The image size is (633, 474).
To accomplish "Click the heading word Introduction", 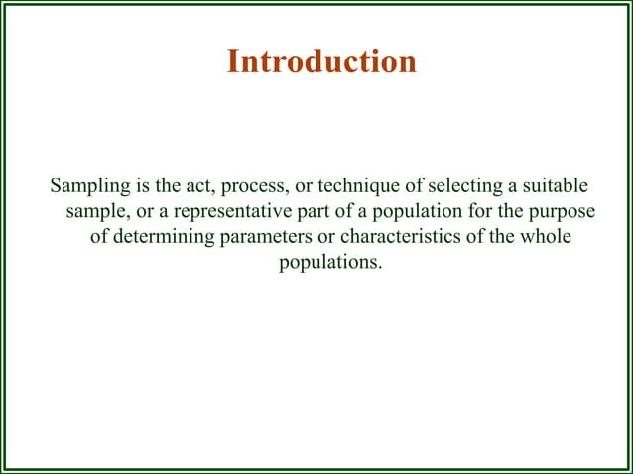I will (321, 61).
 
